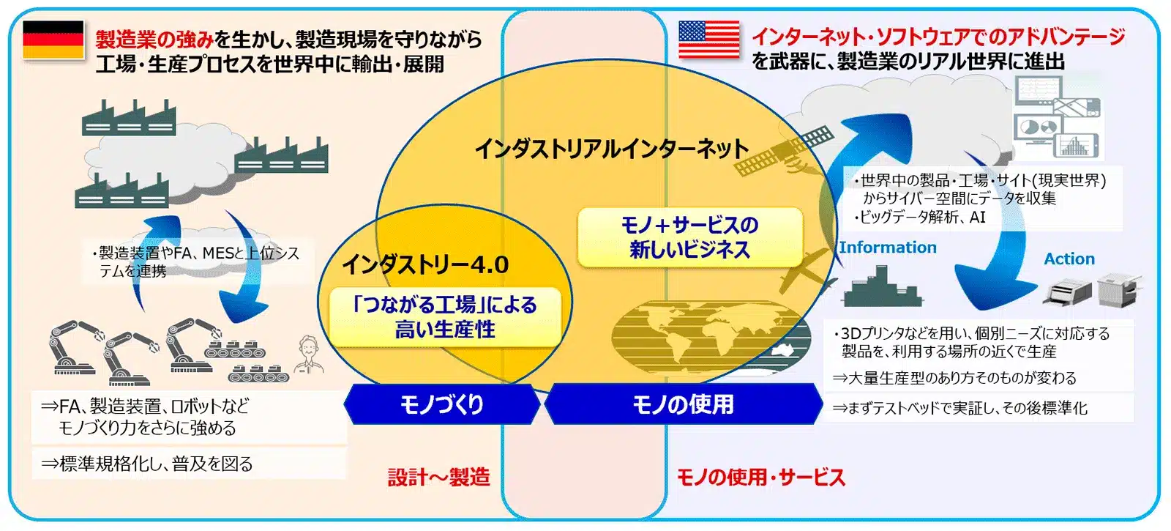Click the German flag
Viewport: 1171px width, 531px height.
click(53, 40)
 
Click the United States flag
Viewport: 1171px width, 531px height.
click(708, 40)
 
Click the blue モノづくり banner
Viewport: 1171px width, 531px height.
click(441, 404)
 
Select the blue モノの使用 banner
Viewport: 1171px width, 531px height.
click(683, 404)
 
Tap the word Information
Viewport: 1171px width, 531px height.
click(887, 248)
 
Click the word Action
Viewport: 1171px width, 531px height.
click(1069, 259)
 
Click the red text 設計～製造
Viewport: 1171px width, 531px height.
click(438, 478)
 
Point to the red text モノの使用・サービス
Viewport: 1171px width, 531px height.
click(760, 478)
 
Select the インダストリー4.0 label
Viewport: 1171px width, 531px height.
click(425, 264)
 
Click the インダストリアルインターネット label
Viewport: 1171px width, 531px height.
click(611, 149)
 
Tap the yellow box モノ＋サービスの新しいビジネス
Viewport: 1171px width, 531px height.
click(689, 237)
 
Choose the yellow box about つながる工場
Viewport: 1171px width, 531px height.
click(445, 317)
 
